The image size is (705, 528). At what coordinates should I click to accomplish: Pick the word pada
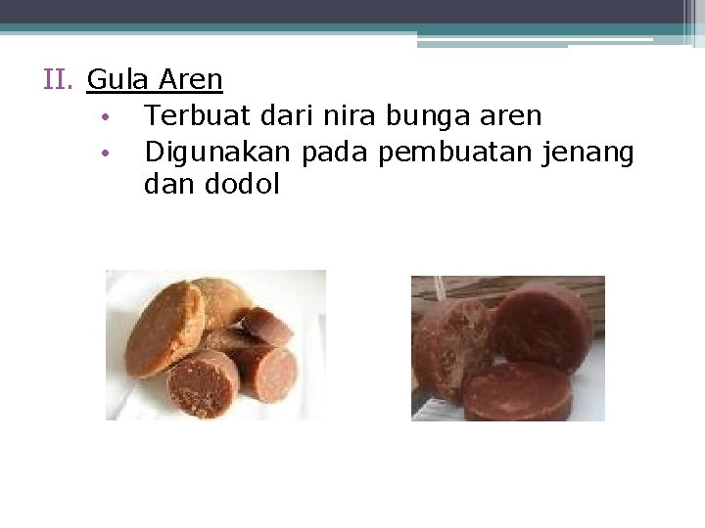click(338, 152)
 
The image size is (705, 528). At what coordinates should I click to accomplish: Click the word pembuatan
click(458, 152)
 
